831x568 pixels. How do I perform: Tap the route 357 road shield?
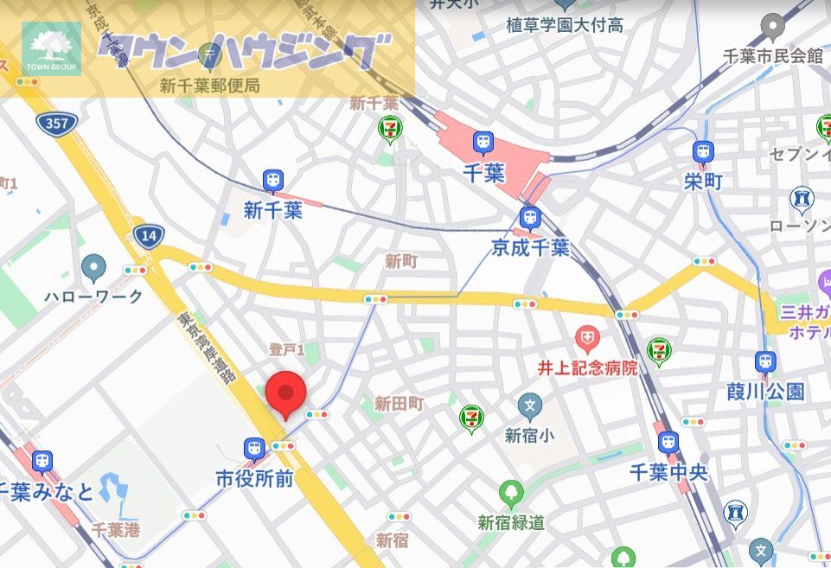[56, 124]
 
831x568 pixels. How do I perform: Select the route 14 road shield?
[148, 236]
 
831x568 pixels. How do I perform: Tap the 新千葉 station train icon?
[273, 182]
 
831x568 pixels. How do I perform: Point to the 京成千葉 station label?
[530, 248]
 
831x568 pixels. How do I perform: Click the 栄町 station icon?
[703, 153]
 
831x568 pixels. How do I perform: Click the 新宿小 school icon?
[530, 405]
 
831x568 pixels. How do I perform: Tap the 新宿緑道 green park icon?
[511, 494]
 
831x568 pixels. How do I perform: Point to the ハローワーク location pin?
[93, 267]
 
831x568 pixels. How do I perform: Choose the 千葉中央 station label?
[668, 472]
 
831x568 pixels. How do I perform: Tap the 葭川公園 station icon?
[765, 362]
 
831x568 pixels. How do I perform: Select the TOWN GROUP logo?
[51, 48]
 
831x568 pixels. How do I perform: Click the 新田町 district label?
[400, 403]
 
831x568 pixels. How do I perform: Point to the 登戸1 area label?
[286, 350]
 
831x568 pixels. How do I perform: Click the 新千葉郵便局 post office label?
[210, 86]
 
